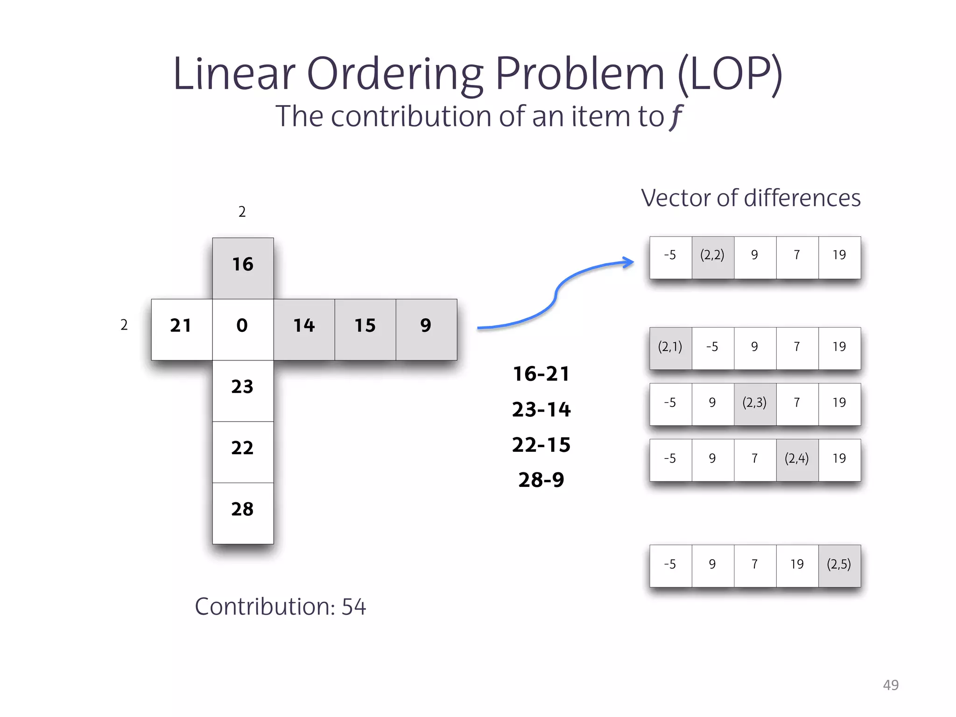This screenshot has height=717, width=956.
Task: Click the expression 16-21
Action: tap(541, 374)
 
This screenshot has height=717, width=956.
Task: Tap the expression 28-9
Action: tap(541, 480)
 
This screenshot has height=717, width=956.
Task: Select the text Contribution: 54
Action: tap(280, 606)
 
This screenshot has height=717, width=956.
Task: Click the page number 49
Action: tap(891, 685)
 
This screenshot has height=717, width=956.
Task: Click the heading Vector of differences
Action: tap(751, 198)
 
